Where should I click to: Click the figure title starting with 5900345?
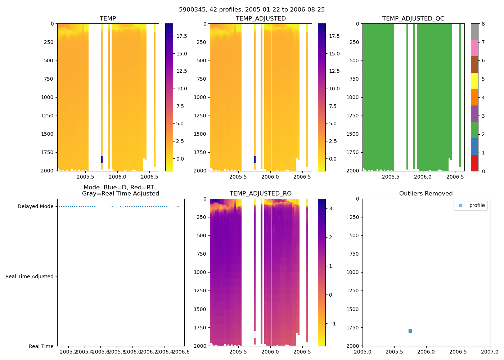coord(252,9)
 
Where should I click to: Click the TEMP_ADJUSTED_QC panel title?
coord(413,18)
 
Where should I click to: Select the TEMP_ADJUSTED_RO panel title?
coord(260,193)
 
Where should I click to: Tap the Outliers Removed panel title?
coord(426,193)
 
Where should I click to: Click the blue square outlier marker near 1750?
coord(410,331)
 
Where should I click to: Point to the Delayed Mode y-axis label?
coord(35,206)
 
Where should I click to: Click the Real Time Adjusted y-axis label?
coord(29,276)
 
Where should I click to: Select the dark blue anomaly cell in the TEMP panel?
coord(102,159)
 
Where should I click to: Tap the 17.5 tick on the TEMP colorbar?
coord(181,36)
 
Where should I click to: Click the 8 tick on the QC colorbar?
coord(483,24)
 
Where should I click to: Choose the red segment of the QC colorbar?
coord(474,163)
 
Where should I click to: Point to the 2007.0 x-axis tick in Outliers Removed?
coord(490,352)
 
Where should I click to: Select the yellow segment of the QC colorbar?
coord(474,81)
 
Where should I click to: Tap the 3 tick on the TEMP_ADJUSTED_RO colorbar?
coord(330,208)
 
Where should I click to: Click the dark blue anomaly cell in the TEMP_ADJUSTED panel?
coord(255,159)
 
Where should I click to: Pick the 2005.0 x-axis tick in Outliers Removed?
coord(363,352)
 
